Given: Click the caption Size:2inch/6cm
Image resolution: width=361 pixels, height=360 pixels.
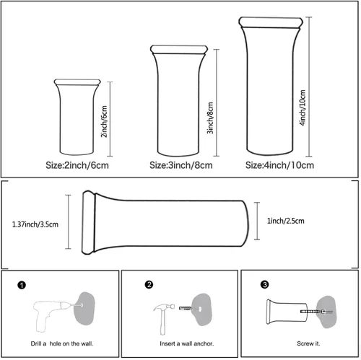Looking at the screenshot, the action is (77, 165).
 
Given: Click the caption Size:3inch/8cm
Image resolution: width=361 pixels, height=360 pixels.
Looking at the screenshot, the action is (181, 165).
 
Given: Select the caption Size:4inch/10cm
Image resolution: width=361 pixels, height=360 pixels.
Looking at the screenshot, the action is (279, 165).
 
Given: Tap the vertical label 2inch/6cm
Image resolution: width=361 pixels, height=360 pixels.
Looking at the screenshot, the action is (104, 121).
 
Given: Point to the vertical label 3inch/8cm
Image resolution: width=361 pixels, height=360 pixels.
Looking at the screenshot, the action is (210, 118).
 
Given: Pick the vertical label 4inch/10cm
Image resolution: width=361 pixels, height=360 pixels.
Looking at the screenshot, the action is (303, 107).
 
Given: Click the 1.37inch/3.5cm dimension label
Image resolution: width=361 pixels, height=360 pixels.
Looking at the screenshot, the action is (35, 224).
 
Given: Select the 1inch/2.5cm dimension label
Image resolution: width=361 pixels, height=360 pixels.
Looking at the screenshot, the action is (286, 221).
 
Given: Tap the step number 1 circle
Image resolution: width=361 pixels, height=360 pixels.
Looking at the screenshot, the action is (22, 285).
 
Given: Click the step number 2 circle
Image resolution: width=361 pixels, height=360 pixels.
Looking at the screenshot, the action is (149, 284).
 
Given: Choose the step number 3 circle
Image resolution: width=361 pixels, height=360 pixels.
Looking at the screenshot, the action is (264, 284).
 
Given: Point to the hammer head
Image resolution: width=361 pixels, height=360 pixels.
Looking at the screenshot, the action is (164, 307).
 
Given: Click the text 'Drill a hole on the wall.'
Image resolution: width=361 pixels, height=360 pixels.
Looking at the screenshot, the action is (62, 343).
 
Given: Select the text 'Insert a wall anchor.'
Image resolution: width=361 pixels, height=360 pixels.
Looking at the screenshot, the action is (187, 343).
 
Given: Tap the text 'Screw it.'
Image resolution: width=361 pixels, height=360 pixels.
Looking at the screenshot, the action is (308, 343).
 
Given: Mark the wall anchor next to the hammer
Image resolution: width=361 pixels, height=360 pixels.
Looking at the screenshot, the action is (186, 308).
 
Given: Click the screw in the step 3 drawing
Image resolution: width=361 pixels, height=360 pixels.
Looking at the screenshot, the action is (316, 312).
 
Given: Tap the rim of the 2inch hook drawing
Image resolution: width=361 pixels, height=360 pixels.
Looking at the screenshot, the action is (77, 82).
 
